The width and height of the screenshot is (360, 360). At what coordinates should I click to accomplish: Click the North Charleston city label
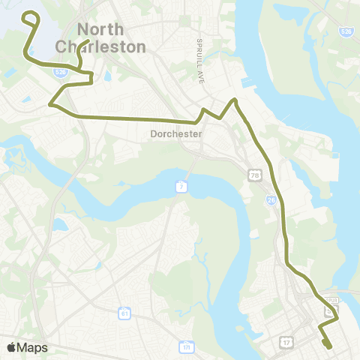tap(100, 38)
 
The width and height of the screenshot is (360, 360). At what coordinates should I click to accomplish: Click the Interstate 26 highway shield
tap(271, 200)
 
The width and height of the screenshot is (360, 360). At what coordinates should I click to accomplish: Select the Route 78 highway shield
tap(256, 174)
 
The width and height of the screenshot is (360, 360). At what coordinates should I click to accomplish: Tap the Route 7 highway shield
tap(181, 185)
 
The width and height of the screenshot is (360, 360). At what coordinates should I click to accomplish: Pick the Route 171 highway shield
tap(185, 347)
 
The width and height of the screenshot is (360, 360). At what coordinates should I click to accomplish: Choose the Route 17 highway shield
tap(287, 343)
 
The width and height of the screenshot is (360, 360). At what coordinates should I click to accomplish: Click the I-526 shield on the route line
tap(61, 71)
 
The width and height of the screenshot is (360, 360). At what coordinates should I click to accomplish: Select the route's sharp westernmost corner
tap(50, 104)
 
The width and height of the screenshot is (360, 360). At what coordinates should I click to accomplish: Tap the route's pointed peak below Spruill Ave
tap(235, 100)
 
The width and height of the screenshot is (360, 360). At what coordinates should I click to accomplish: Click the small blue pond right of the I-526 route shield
tap(109, 76)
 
